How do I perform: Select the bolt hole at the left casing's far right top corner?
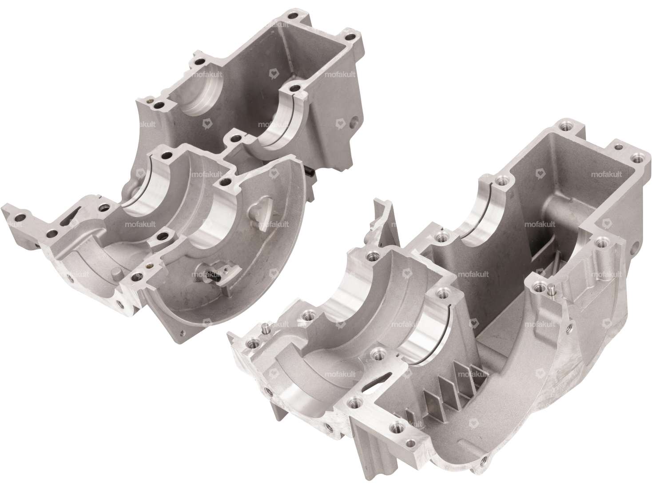pos(352,36)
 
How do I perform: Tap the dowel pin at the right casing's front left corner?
pos(266,329)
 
